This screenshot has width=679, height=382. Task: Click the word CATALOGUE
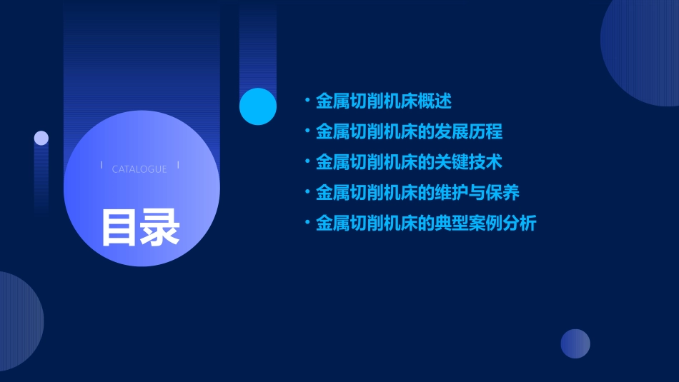click(139, 169)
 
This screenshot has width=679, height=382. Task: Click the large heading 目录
click(140, 228)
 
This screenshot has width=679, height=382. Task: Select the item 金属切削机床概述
click(384, 101)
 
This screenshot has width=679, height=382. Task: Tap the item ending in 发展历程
click(409, 132)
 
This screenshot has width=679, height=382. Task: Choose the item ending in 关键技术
click(409, 163)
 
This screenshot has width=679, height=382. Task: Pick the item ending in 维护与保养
click(417, 193)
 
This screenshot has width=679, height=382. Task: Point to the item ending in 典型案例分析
click(426, 223)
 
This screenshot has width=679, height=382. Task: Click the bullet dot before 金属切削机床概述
click(307, 101)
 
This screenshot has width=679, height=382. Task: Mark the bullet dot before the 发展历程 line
click(307, 132)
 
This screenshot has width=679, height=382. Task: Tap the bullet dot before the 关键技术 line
click(307, 163)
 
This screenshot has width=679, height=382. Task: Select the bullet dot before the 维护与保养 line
click(307, 193)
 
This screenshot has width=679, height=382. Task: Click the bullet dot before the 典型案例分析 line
click(307, 223)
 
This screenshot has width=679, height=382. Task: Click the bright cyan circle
click(258, 106)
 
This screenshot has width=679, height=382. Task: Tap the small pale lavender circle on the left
click(41, 138)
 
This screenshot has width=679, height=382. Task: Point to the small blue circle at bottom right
click(575, 343)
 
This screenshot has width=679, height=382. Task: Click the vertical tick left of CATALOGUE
click(101, 165)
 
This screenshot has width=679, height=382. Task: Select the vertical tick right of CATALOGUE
click(178, 165)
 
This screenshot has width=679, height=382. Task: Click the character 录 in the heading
click(160, 228)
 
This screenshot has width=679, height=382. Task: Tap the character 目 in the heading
click(119, 228)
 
